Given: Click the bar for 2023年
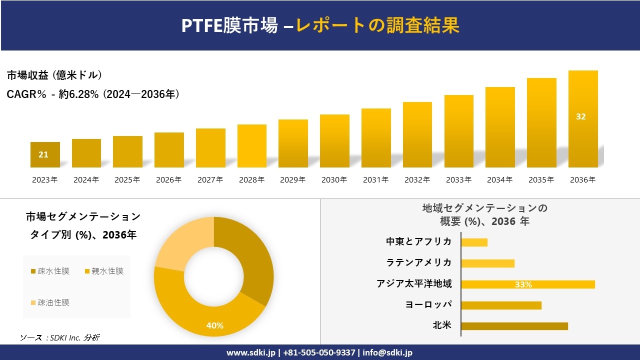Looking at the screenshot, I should pos(45,155).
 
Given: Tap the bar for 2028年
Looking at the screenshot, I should pos(252,146).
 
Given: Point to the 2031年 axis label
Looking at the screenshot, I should pos(375,180).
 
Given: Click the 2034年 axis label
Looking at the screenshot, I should pos(500,180).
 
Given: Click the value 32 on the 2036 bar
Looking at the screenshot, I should pos(580,116).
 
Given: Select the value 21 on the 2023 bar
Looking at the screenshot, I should pos(43,154).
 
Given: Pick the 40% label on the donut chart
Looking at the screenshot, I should pos(214,325).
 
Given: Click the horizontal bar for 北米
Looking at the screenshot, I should pos(514,326).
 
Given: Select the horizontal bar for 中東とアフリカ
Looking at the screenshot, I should pos(474,242).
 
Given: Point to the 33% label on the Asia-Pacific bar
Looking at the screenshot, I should pos(523,284).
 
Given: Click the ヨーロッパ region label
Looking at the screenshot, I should pos(428,304).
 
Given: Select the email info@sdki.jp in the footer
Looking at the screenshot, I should pos(388,352).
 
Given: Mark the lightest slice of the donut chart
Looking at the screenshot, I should pos(177,240).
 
